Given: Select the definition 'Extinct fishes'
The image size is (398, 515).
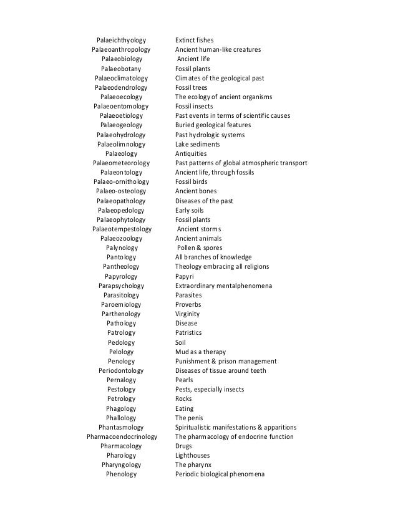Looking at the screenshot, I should point(195,41).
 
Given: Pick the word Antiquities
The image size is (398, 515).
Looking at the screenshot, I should point(191,153).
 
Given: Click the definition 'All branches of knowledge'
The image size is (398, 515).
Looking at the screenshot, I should point(213,257).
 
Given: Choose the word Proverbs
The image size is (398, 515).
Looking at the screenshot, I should point(188,304).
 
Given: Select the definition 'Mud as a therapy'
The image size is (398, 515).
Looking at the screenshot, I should point(200,352).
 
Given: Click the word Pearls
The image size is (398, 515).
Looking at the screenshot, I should point(184,380).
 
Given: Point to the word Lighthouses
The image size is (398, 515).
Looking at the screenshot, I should point(193,455).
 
